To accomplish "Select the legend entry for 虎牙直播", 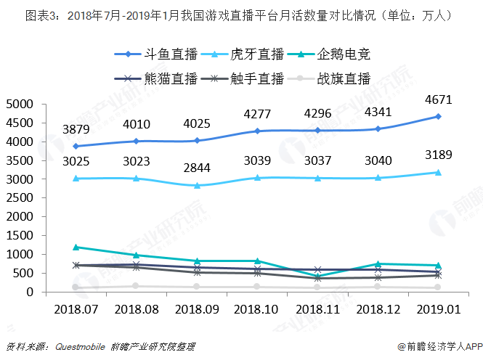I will pos(243,54).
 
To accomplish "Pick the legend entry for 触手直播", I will pos(243,78).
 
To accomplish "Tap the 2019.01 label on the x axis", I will pos(438,308).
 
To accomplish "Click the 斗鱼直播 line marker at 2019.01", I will pos(438,116).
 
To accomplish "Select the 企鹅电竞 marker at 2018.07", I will pos(76,247).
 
